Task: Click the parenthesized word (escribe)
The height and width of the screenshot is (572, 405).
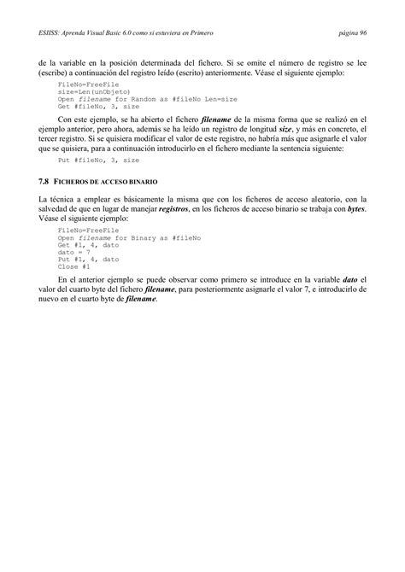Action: pos(56,73)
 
